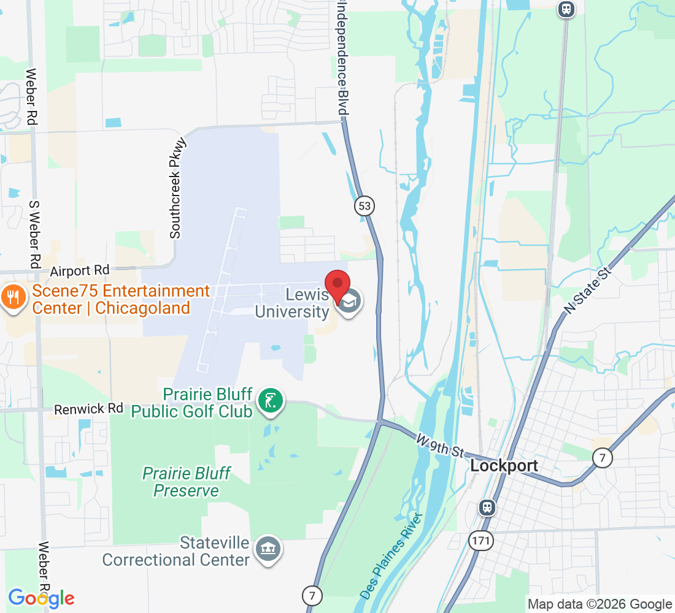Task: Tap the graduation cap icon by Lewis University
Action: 350,301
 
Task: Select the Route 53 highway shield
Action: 364,206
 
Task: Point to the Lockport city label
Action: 504,466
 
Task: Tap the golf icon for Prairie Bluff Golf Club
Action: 271,402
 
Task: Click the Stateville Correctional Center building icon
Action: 268,547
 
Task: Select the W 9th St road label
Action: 439,446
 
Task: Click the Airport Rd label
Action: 80,270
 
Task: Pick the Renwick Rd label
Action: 88,408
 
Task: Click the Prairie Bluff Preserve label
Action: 187,482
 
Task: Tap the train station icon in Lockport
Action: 487,507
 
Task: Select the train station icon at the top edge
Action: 566,9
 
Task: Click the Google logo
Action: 41,598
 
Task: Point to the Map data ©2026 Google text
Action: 600,604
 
